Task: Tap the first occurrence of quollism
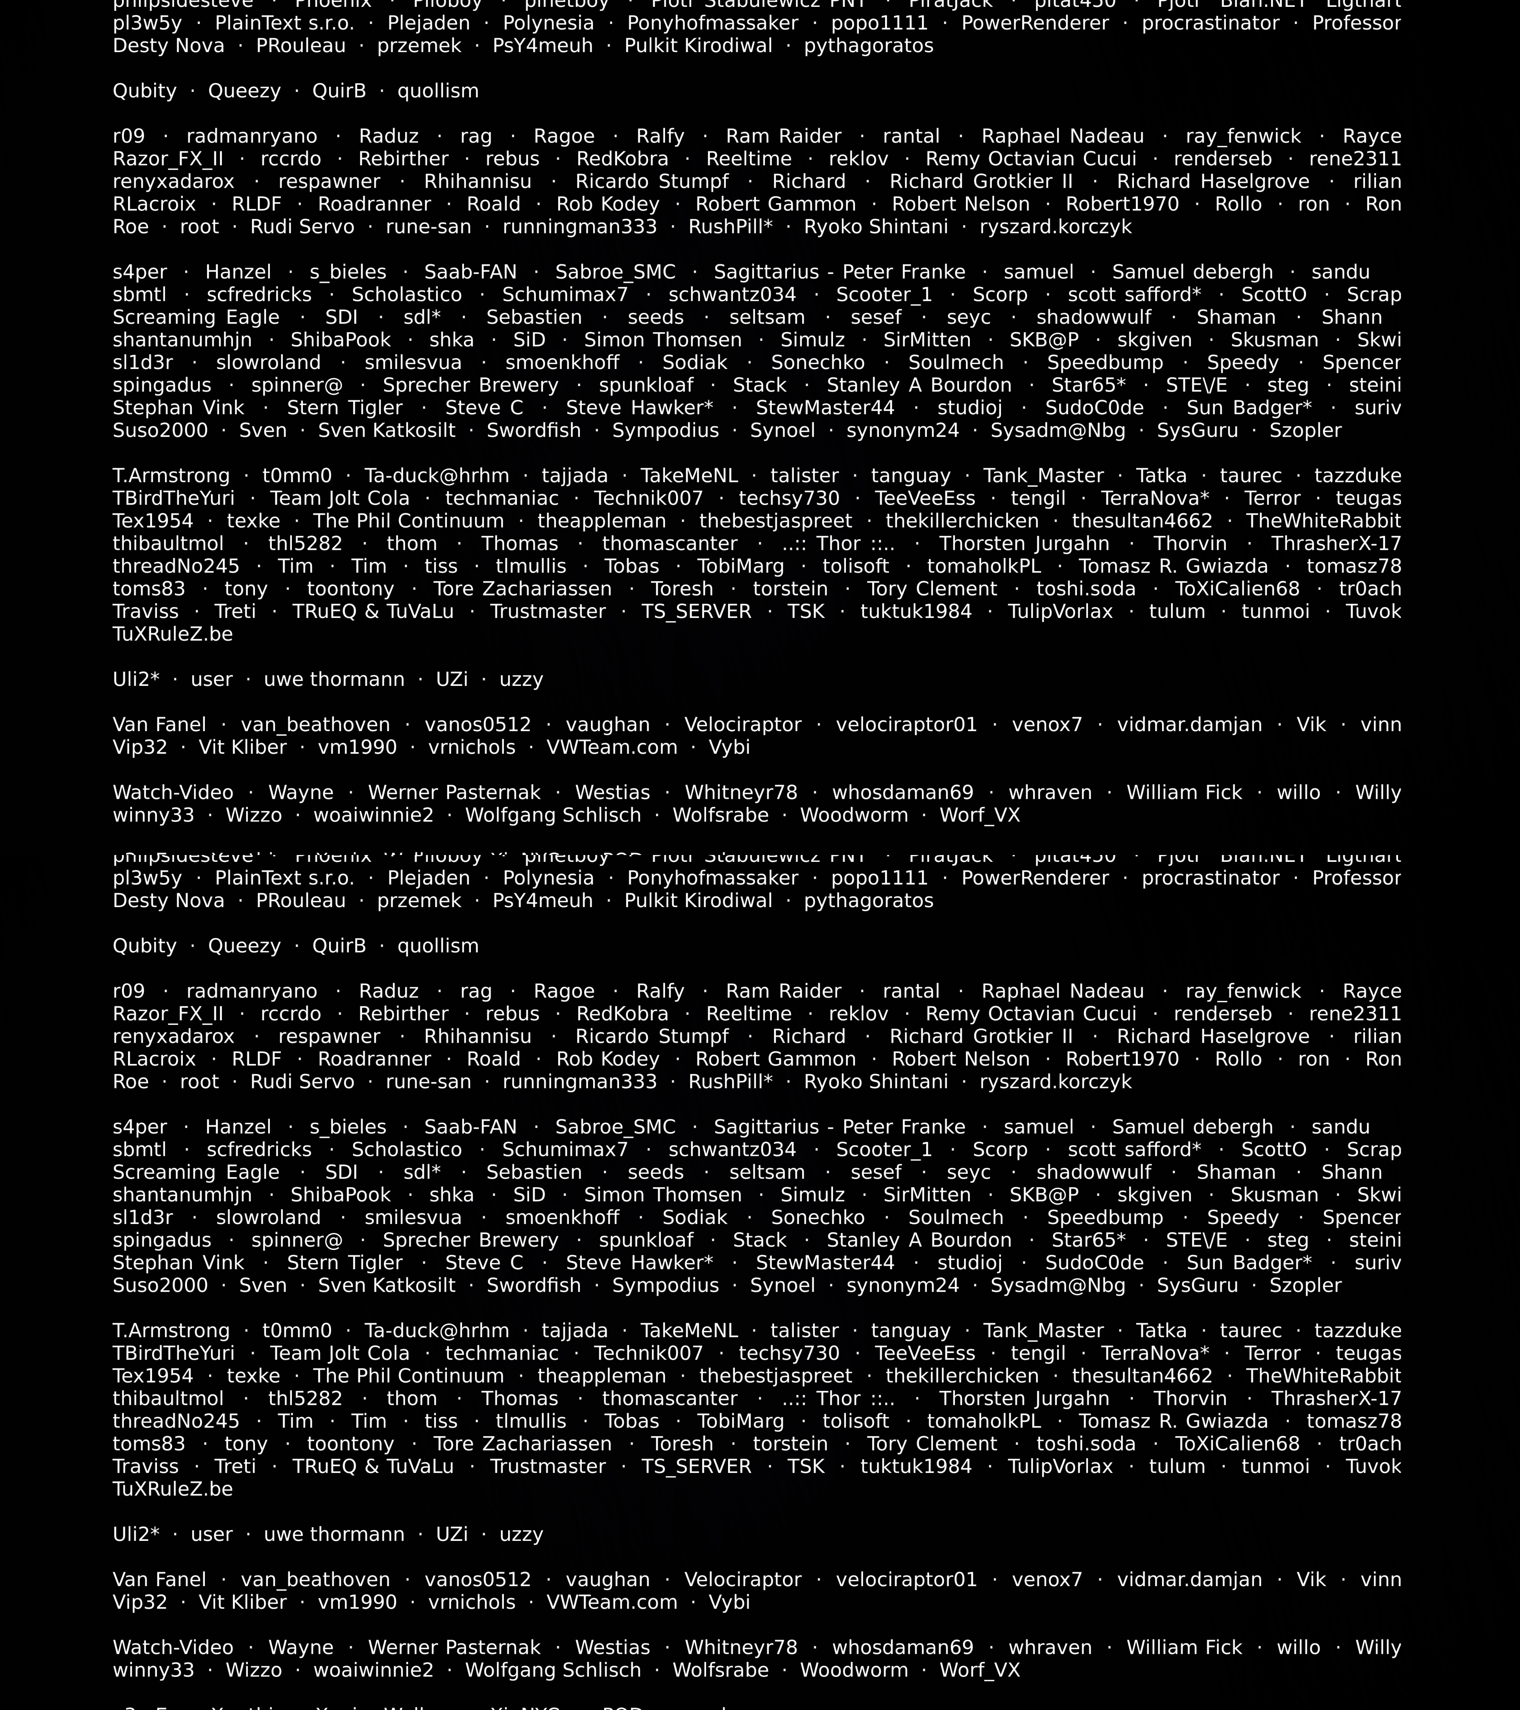439,91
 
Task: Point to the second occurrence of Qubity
145,946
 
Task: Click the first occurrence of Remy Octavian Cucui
1031,159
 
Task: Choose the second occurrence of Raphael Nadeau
1062,991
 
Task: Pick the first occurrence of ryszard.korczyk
1056,227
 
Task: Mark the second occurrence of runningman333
580,1082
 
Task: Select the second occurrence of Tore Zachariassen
522,1444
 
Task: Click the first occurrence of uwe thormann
334,679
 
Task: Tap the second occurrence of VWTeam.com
611,1602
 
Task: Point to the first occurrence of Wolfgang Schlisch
553,815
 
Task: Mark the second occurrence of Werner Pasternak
454,1647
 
